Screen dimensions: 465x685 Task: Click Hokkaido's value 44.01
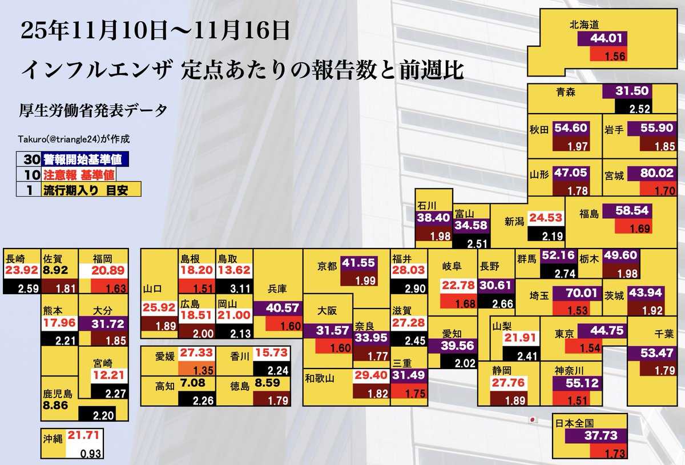[602, 39]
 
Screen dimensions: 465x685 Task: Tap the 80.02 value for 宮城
[650, 174]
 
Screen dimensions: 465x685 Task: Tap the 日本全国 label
[574, 423]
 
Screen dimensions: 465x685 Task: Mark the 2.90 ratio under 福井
[409, 288]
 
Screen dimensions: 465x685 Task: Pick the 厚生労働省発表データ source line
[94, 110]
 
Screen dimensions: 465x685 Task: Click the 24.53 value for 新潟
[546, 218]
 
